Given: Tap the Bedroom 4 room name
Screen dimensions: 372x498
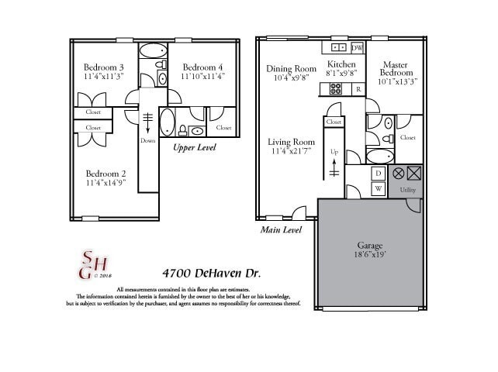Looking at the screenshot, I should (202, 67).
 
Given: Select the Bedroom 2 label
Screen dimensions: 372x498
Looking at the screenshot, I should (105, 174).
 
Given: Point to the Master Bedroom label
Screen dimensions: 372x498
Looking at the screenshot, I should (396, 68).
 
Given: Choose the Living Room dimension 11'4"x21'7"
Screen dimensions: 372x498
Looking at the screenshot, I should (291, 152).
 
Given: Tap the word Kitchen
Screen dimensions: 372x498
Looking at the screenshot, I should (341, 64).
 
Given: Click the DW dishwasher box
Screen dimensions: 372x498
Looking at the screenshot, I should (358, 48).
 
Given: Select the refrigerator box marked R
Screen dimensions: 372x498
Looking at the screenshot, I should (358, 89).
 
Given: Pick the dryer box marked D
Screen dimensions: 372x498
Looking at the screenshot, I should (379, 174).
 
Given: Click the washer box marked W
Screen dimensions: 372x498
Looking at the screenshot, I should (379, 188).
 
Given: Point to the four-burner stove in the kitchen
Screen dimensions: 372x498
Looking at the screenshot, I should (335, 89).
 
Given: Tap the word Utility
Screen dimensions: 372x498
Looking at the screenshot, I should (406, 190).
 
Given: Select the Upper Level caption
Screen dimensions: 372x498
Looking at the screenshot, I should (194, 147).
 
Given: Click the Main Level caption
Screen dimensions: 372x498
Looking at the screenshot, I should (281, 230).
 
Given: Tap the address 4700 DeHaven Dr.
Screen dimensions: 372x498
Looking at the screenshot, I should (211, 274).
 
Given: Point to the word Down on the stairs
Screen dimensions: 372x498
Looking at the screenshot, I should (148, 141).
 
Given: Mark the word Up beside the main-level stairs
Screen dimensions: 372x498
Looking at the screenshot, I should (334, 152).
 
